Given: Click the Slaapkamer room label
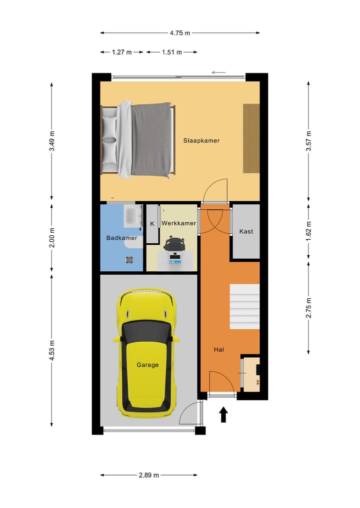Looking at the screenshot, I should click(x=201, y=140).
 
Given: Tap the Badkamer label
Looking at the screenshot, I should click(x=121, y=238).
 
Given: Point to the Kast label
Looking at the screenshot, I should click(x=246, y=231).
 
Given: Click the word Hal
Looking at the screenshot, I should click(x=218, y=350).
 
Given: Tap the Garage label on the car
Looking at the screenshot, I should click(x=147, y=365).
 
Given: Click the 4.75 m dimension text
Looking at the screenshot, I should click(x=180, y=33).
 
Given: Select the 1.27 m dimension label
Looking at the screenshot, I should click(x=121, y=52).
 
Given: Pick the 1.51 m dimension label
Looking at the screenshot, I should click(x=171, y=52).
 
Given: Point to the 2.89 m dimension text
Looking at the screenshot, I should click(x=148, y=475).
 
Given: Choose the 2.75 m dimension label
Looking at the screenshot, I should click(x=308, y=308).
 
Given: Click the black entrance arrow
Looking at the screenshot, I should click(x=223, y=415).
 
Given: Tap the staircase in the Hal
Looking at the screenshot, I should click(x=244, y=306).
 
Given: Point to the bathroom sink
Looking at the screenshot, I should click(x=132, y=216).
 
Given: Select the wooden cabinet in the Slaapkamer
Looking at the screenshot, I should click(x=251, y=138).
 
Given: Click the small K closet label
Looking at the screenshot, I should click(x=152, y=224).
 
